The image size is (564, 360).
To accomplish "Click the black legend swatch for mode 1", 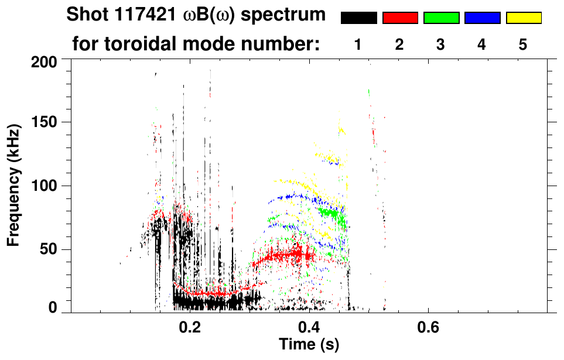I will point(358,18).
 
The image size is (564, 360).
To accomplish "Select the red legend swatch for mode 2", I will point(400,18).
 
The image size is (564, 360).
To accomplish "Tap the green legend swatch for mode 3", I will point(441,18).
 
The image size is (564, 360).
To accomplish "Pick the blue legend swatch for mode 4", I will point(482,18).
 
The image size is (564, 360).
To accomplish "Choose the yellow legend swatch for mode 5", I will point(524,18).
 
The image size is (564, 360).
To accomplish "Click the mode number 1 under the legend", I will point(358,45).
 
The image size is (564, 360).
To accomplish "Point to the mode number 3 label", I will point(440,45).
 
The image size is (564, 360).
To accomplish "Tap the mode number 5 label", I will point(523,45).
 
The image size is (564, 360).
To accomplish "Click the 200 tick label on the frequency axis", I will point(45,61).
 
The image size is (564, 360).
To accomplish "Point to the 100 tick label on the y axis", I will point(45,186).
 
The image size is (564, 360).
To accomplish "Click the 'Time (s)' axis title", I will point(309,345).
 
